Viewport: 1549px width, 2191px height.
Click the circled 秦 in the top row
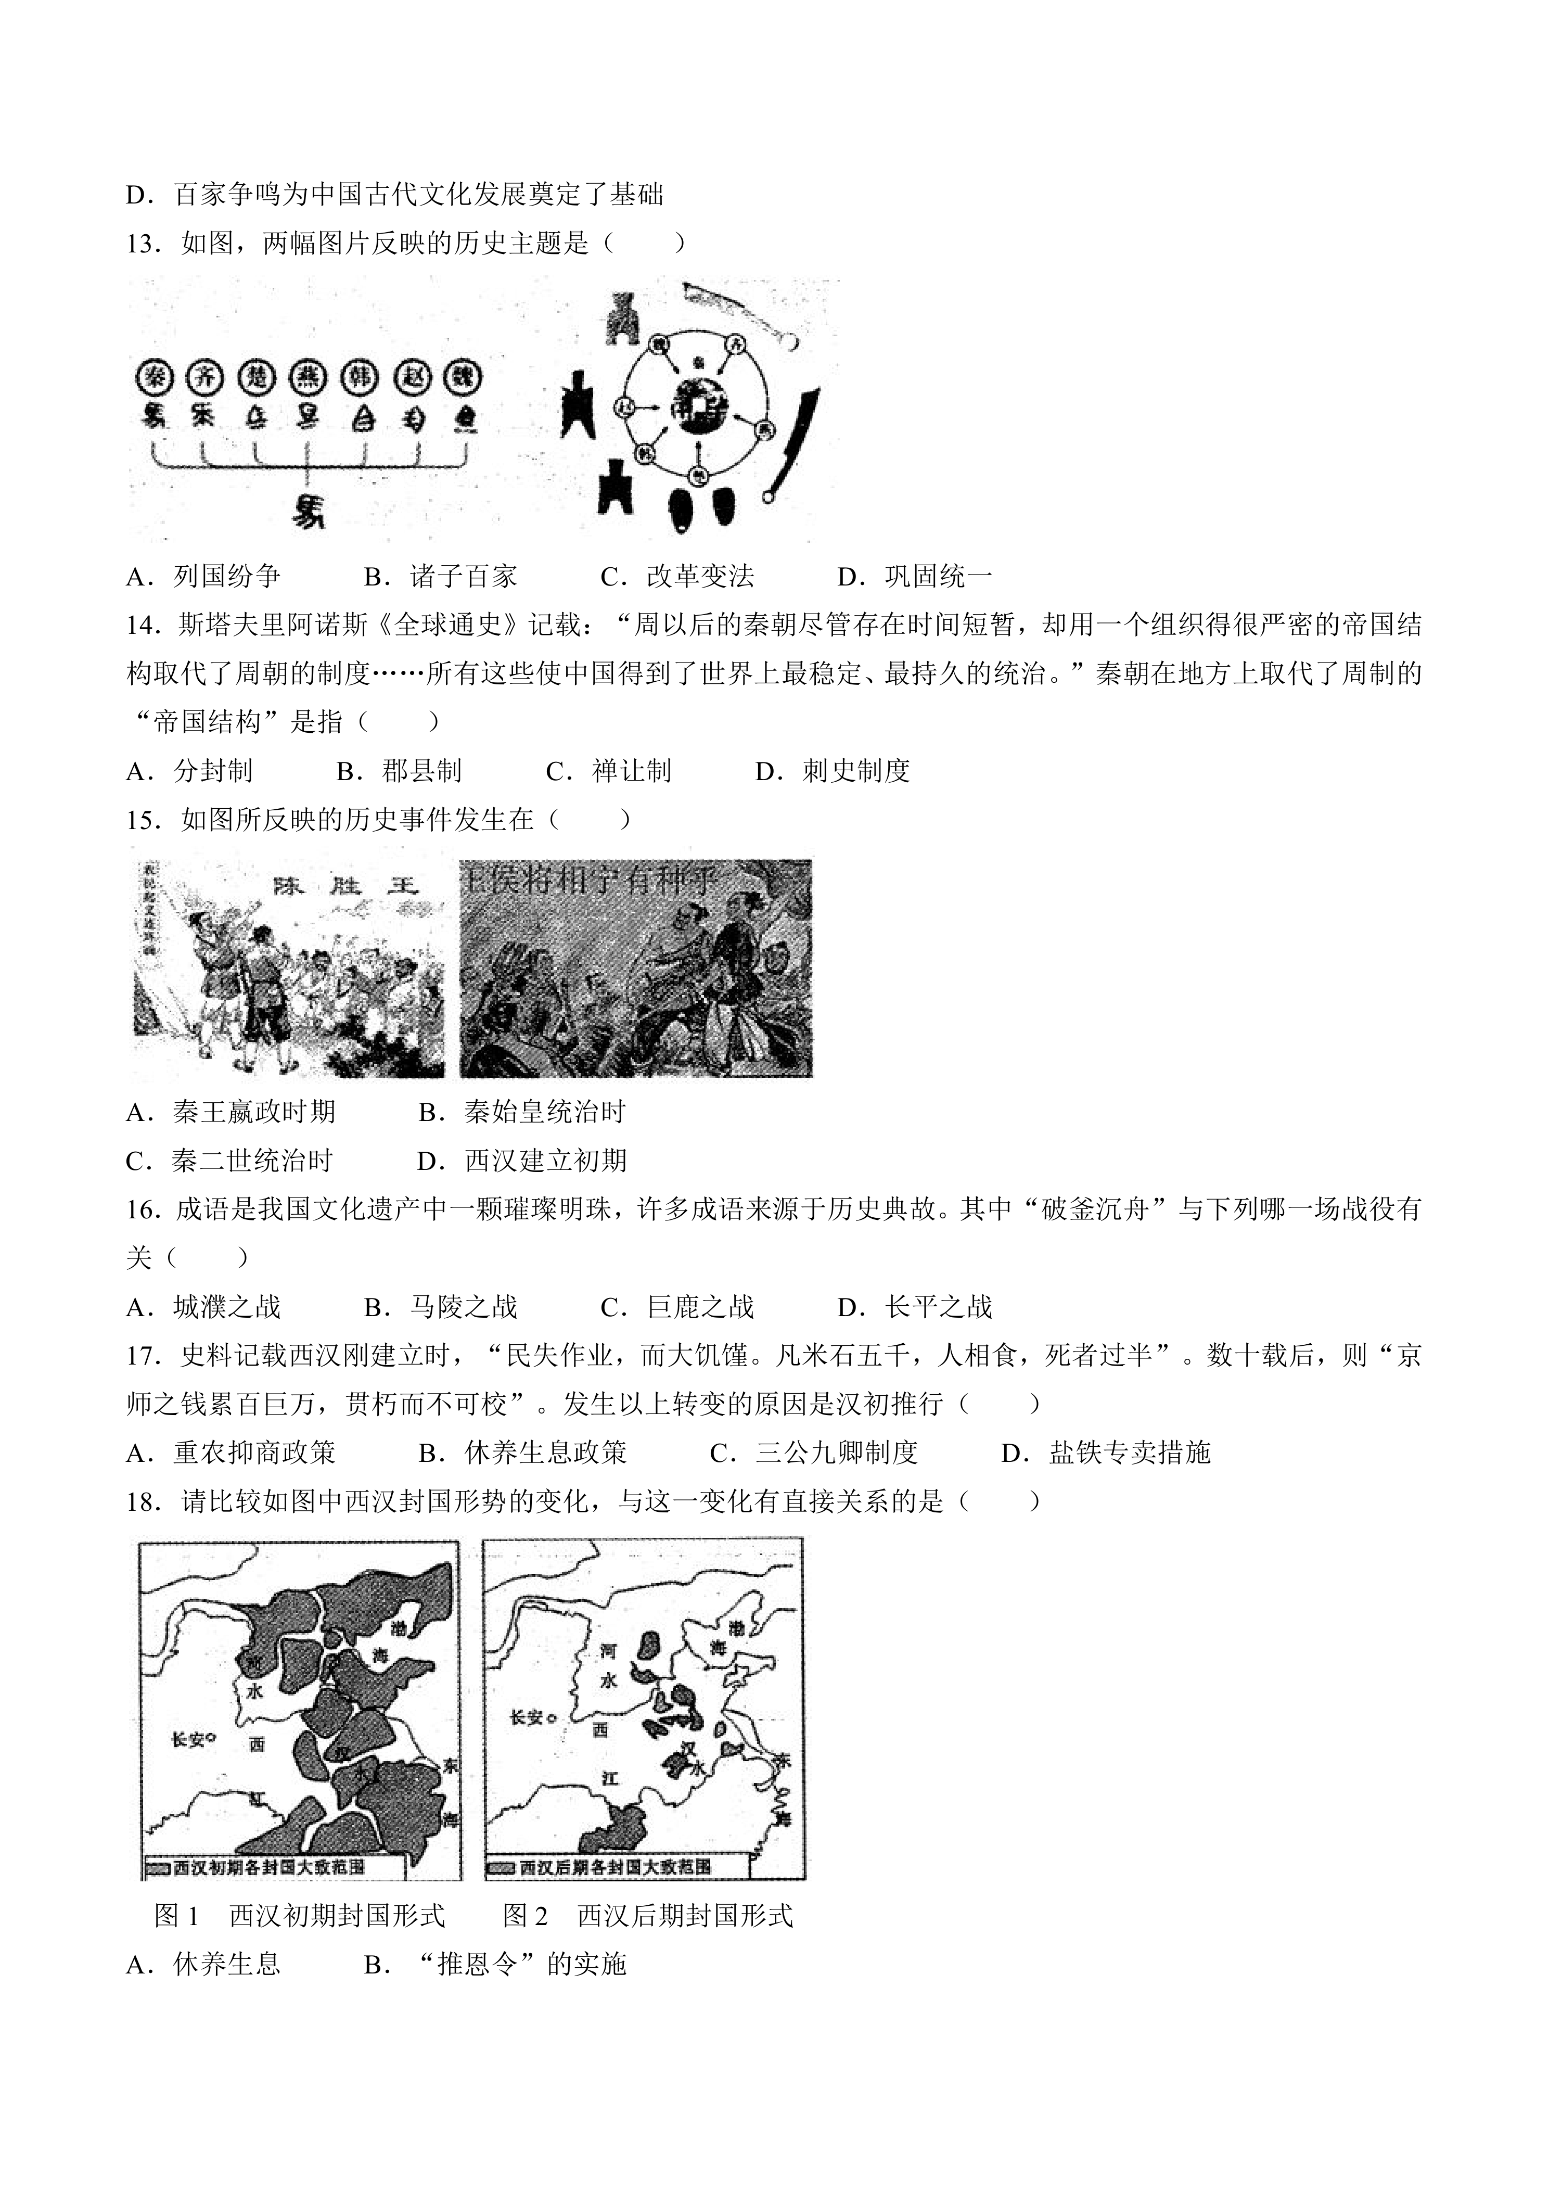coord(153,378)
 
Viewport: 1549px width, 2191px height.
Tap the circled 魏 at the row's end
coord(465,378)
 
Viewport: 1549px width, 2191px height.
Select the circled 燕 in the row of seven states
coord(307,378)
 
